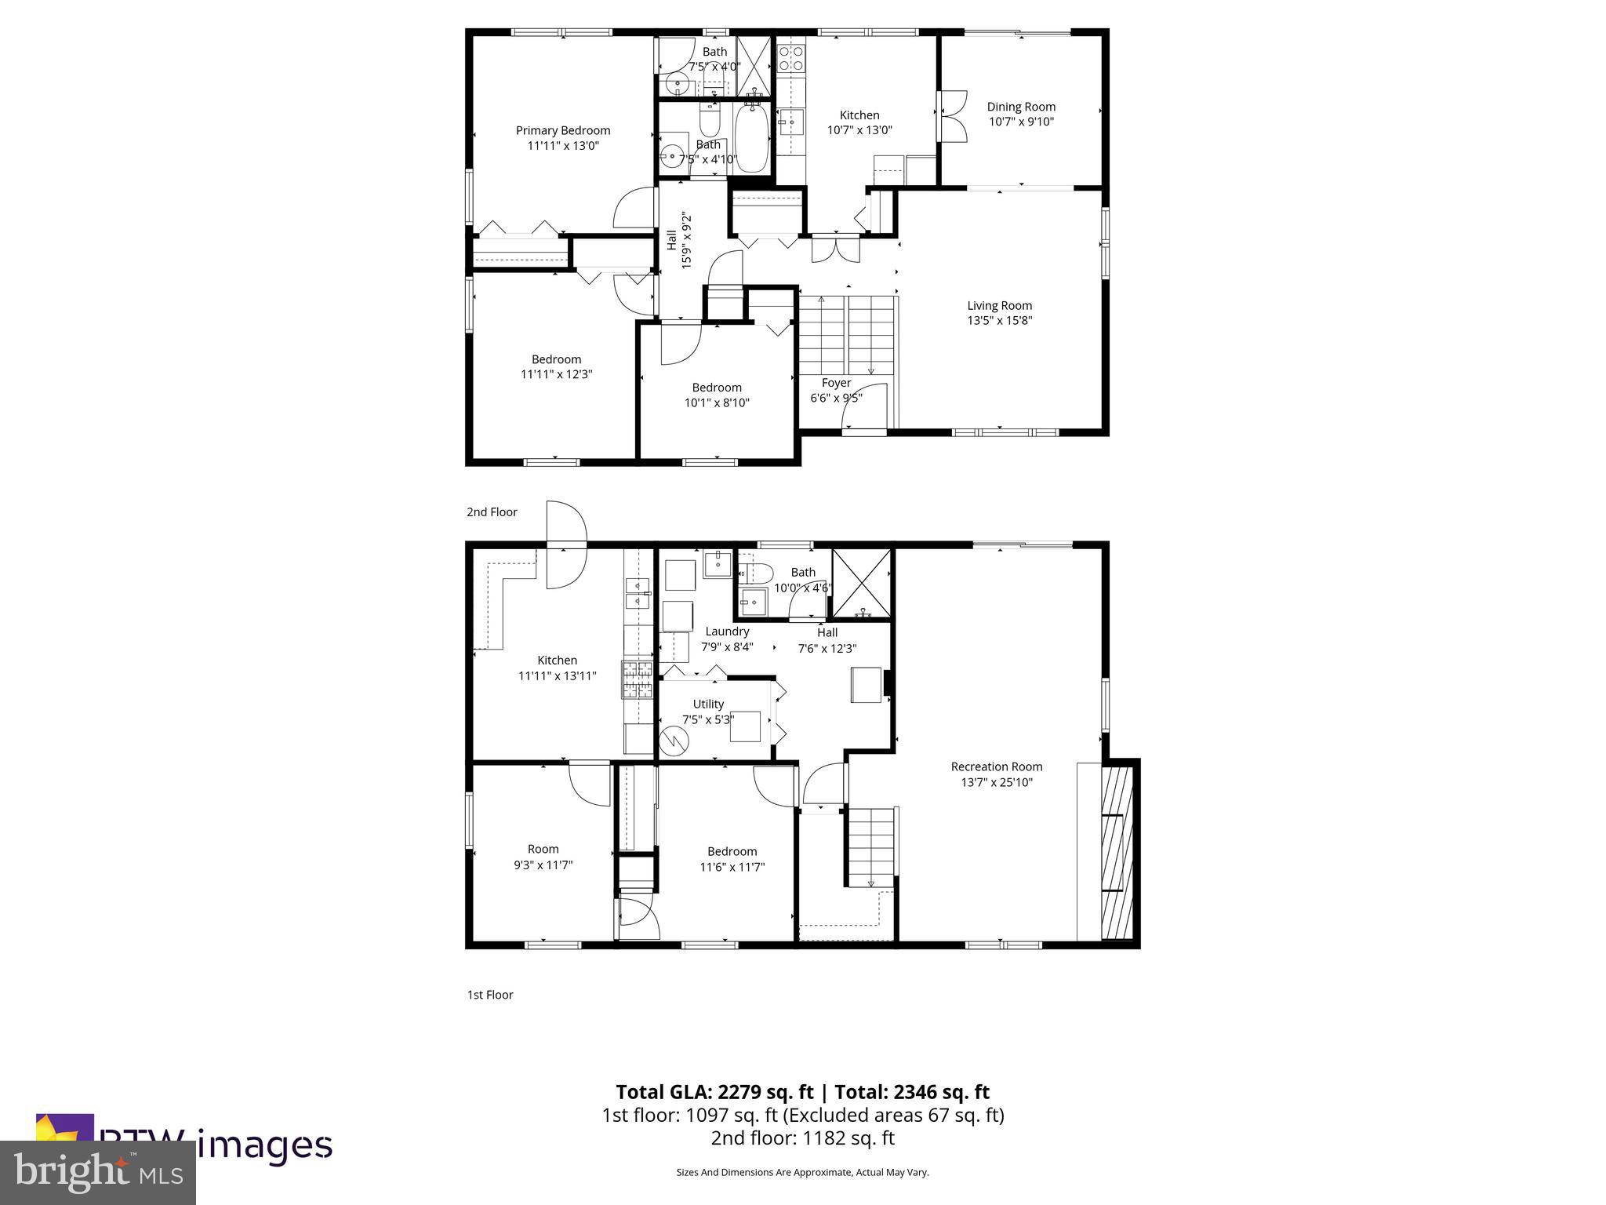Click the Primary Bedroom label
pyautogui.click(x=562, y=130)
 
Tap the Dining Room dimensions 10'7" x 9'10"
pyautogui.click(x=1021, y=122)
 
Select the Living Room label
pyautogui.click(x=999, y=306)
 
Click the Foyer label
pyautogui.click(x=836, y=383)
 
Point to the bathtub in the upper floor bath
pyautogui.click(x=751, y=139)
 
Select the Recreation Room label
pyautogui.click(x=996, y=766)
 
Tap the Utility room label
pyautogui.click(x=708, y=704)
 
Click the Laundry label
pyautogui.click(x=727, y=631)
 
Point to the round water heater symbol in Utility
pyautogui.click(x=673, y=739)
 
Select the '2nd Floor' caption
pyautogui.click(x=492, y=512)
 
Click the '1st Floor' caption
pyautogui.click(x=490, y=995)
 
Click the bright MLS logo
pyautogui.click(x=98, y=1172)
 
